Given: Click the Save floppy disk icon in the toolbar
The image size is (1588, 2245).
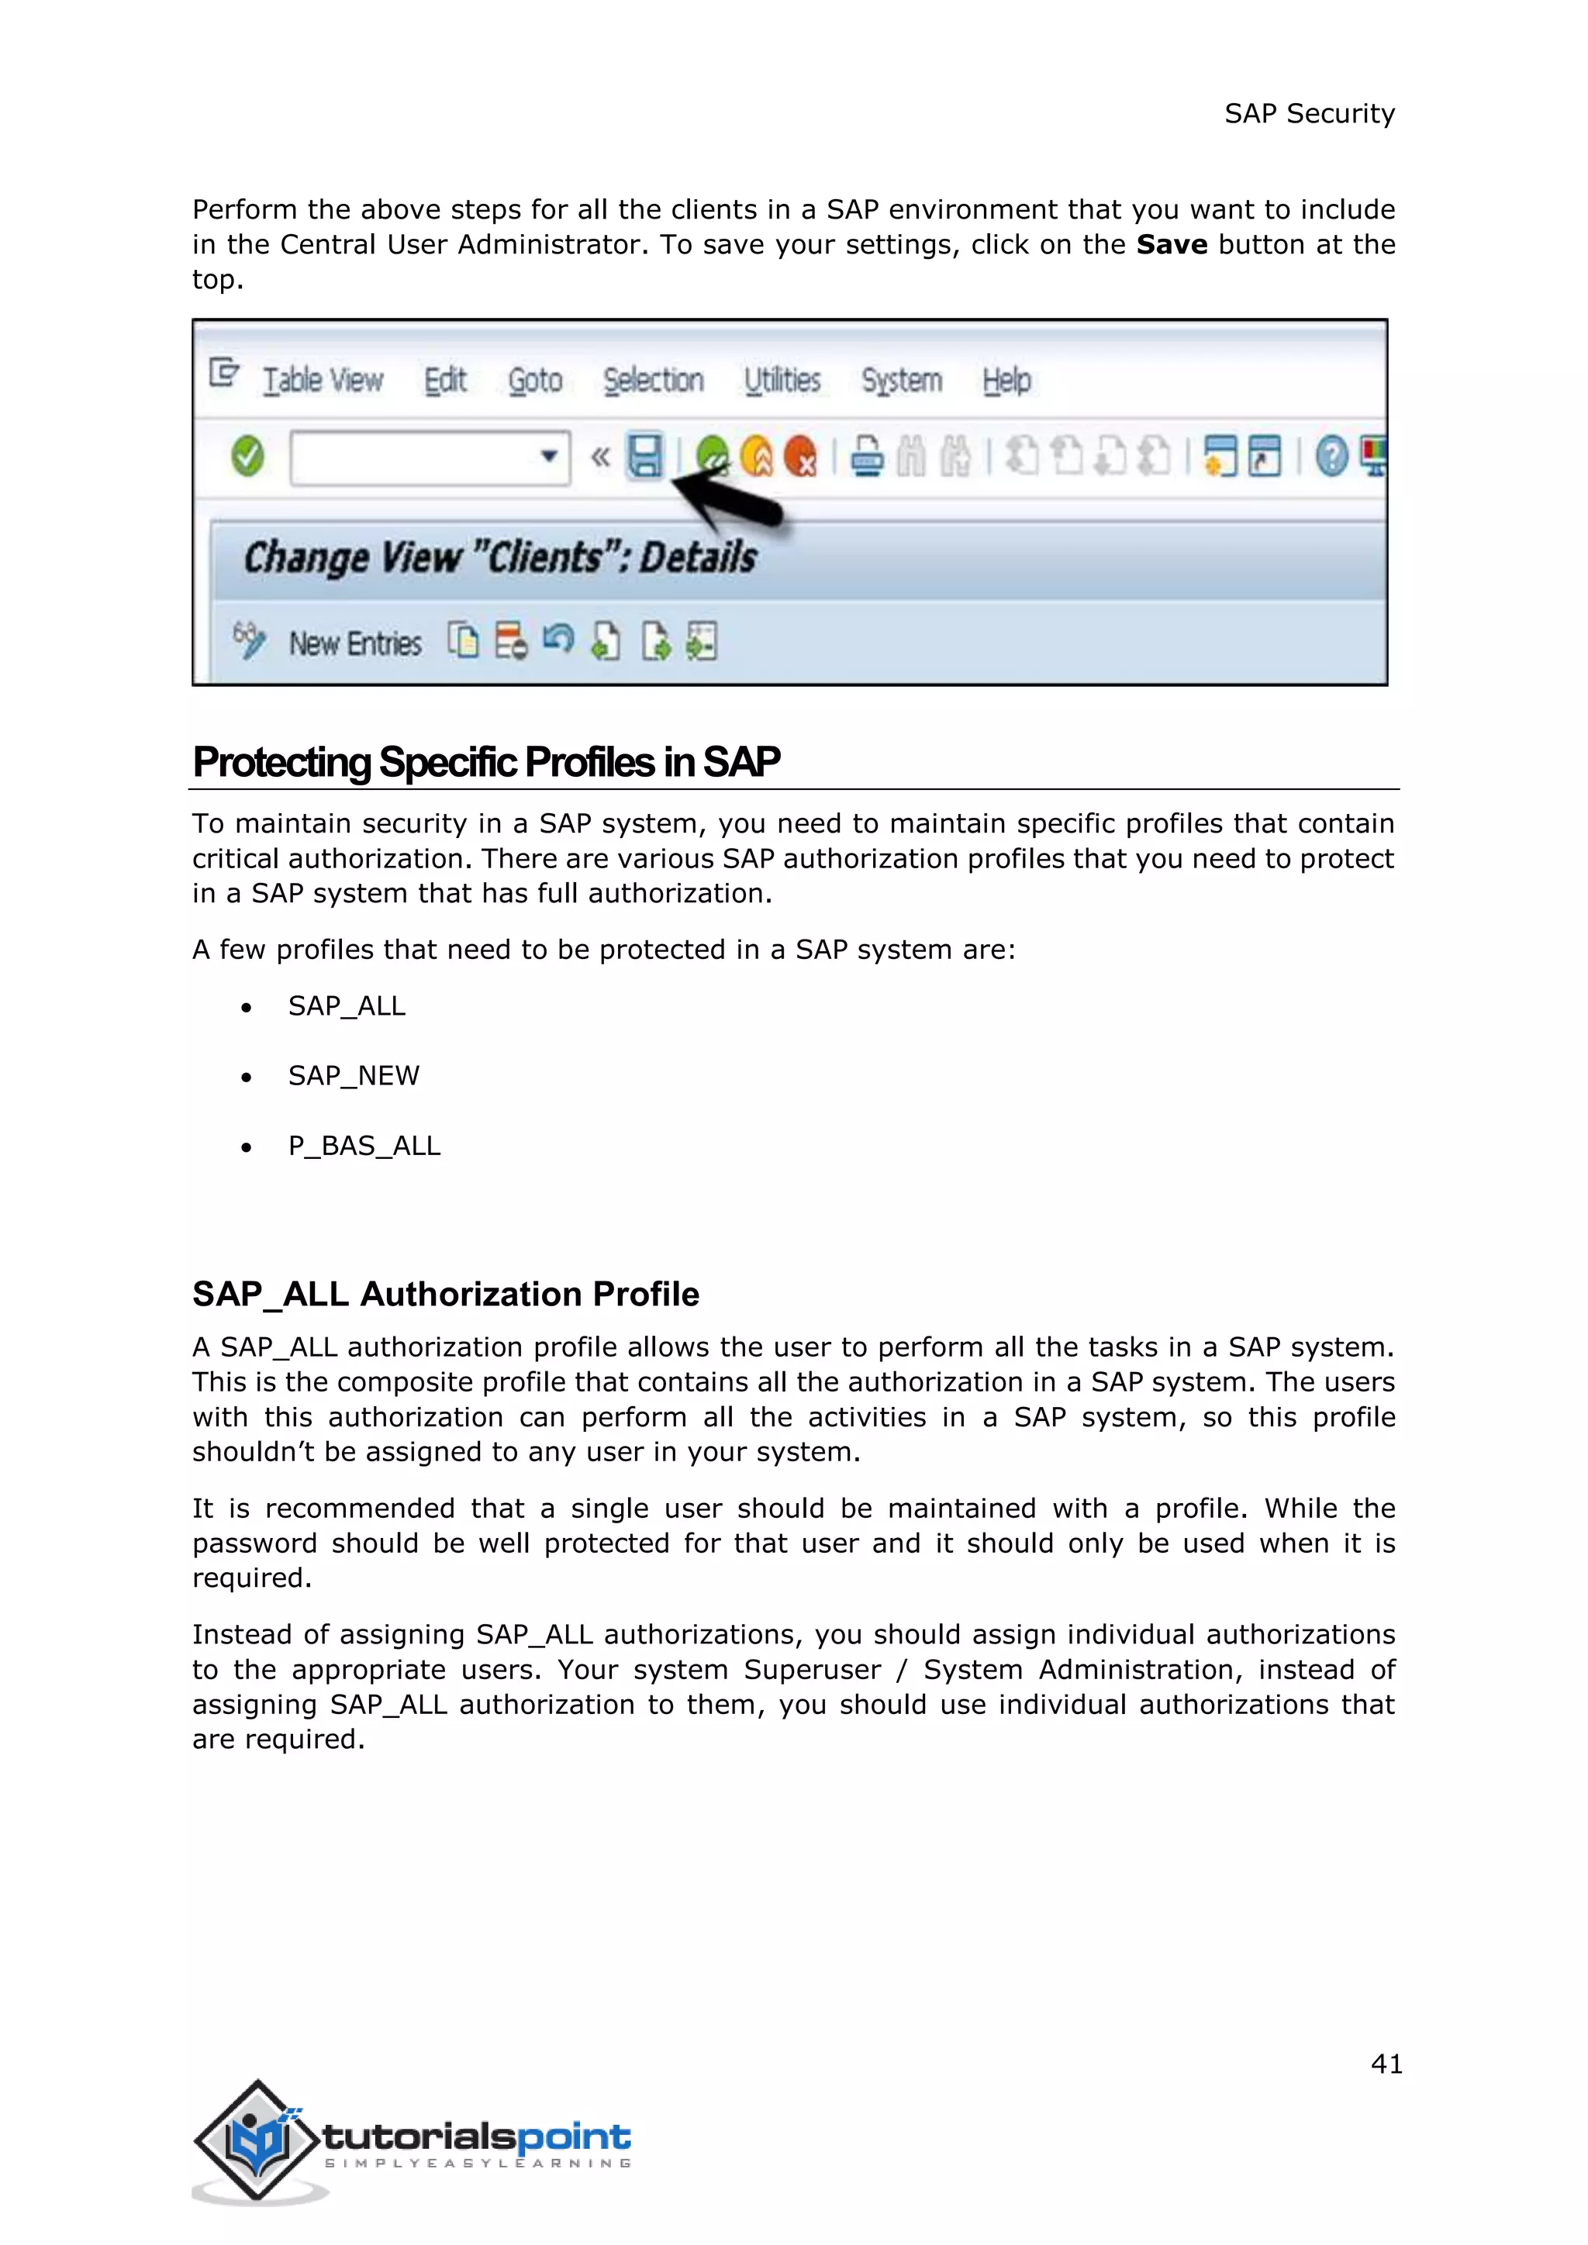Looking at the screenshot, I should point(644,456).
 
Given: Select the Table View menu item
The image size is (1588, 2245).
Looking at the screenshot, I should point(323,381).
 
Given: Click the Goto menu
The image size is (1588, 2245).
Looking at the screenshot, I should point(535,381).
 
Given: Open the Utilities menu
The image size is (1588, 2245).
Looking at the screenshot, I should point(782,381).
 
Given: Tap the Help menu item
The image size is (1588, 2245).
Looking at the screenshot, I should point(1006,381).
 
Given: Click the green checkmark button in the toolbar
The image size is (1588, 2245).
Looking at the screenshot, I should point(247,456).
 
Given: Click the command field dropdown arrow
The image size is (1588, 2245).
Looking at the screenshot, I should point(548,456).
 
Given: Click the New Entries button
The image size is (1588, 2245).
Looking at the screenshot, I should point(354,643).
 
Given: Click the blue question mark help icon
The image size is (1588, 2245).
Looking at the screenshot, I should point(1331,457).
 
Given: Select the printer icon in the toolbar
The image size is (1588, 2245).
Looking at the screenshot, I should point(866,457).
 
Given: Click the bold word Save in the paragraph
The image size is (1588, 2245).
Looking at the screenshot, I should point(1172,244).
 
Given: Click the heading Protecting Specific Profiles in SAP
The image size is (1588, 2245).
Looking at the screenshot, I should point(486,763).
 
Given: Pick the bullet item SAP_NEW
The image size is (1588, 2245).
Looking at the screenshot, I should point(353,1075).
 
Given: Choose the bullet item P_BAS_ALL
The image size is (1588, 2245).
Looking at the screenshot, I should point(364,1146).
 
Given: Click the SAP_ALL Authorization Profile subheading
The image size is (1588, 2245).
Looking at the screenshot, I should point(446,1295).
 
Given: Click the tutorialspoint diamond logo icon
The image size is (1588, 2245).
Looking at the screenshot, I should point(257,2140).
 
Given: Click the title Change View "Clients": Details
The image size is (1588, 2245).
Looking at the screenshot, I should point(499,557).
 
